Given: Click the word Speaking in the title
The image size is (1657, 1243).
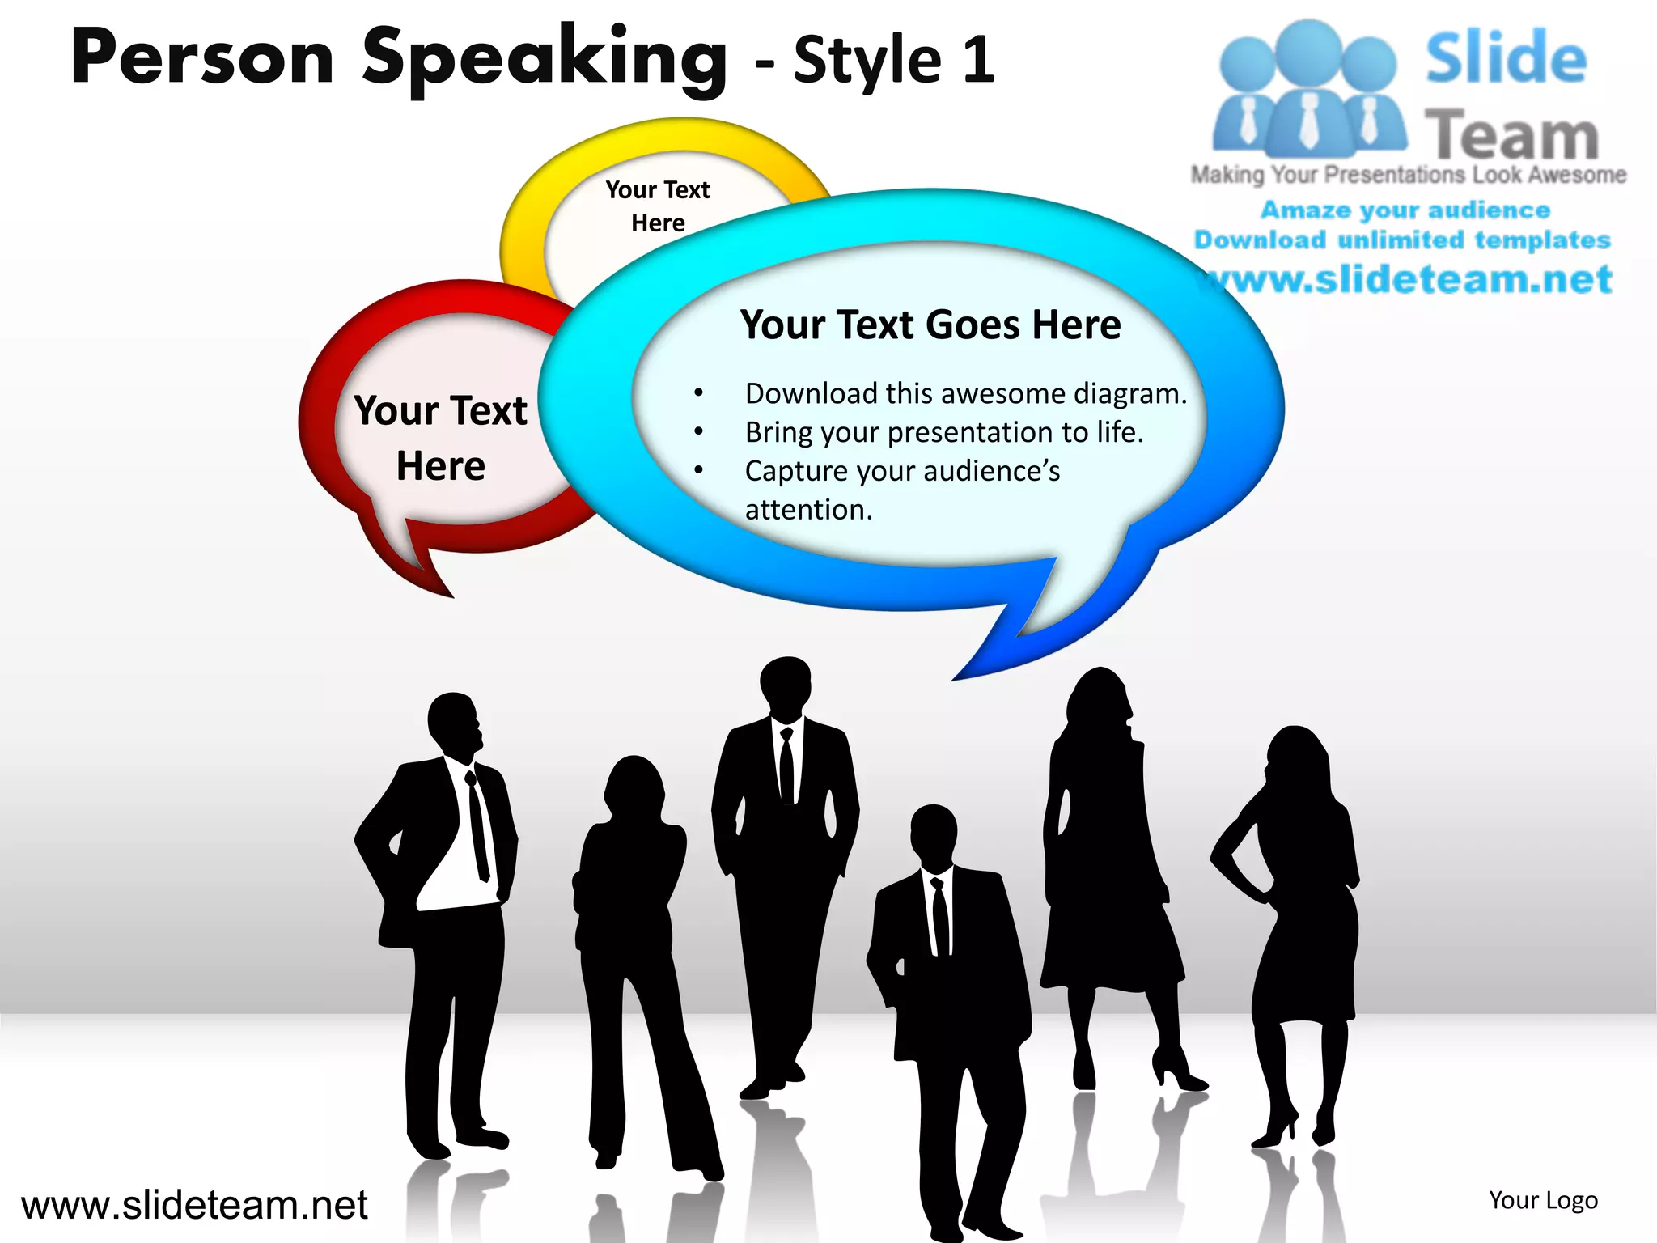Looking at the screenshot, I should click(544, 58).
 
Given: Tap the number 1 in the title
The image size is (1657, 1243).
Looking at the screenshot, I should click(979, 60).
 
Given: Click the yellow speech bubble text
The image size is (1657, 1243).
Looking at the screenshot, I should click(658, 206).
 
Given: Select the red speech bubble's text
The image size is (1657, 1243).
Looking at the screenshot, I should click(441, 438).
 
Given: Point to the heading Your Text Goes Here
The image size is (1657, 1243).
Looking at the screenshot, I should click(930, 325).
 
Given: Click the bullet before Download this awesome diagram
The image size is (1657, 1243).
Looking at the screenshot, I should click(698, 394).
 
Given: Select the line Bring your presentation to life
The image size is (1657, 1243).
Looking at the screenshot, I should click(943, 432).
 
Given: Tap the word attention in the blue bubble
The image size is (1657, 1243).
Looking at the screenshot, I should click(808, 510).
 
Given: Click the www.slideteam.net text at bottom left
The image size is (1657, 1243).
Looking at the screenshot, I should click(194, 1205).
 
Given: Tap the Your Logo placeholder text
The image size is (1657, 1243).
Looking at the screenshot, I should click(1543, 1200).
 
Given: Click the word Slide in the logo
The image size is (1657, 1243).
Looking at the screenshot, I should click(1506, 58).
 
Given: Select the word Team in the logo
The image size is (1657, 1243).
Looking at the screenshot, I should click(1511, 136).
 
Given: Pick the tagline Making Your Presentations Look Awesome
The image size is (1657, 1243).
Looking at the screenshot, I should click(1408, 175).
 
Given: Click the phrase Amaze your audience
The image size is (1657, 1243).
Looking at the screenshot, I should click(1405, 210).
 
